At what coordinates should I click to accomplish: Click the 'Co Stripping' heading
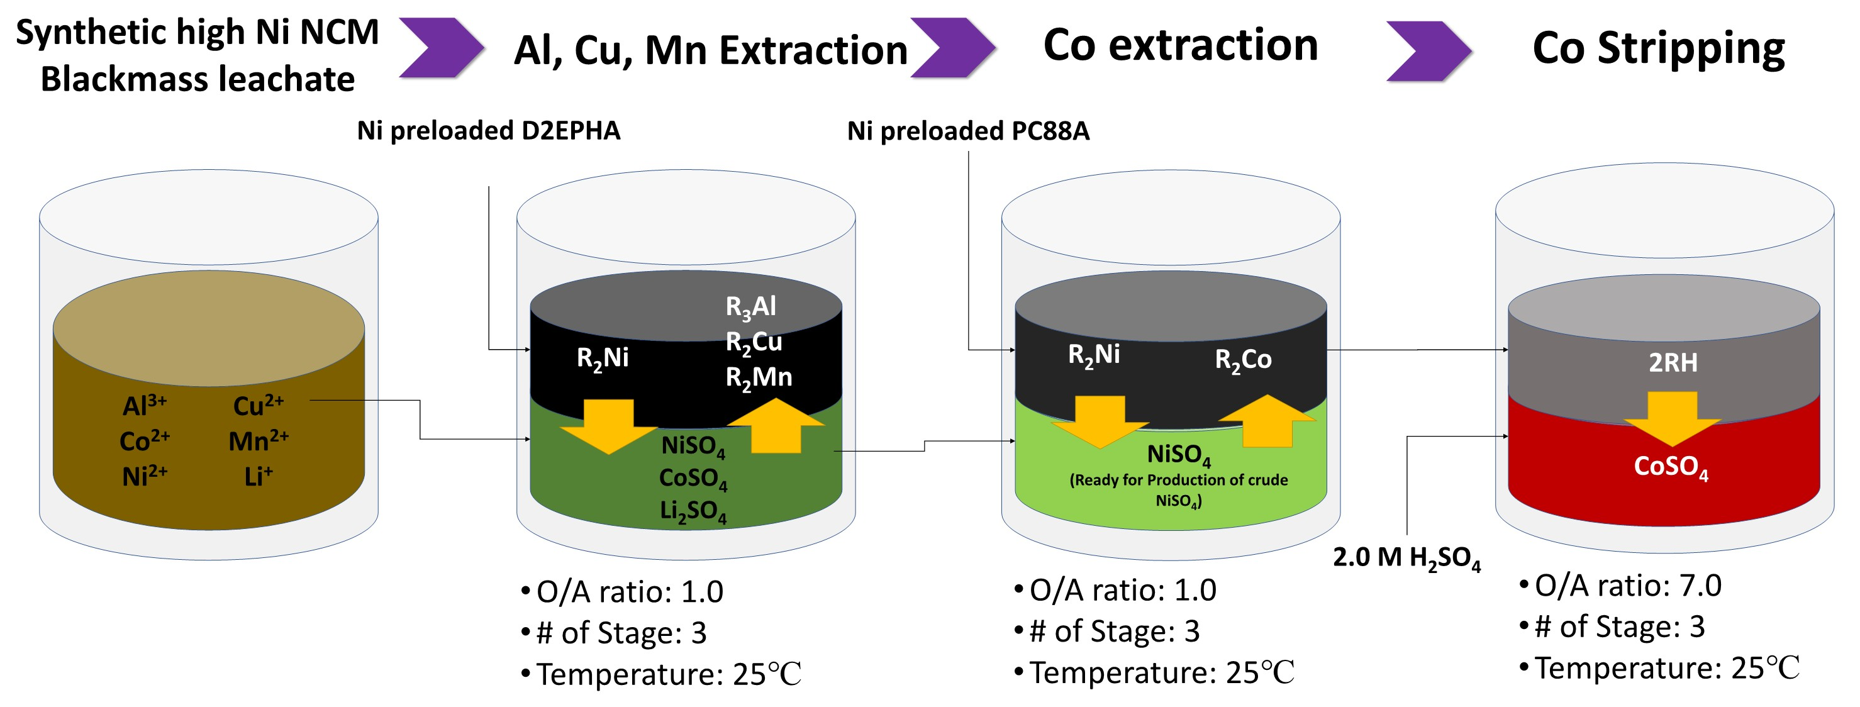[1658, 48]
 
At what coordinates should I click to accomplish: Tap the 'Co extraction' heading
[1181, 45]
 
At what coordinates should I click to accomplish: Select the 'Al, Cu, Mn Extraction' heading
[711, 50]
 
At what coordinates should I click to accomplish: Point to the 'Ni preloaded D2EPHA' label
[488, 131]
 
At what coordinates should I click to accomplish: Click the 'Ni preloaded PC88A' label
[967, 131]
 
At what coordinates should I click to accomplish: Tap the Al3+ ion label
[145, 405]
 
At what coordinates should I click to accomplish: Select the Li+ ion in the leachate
[258, 477]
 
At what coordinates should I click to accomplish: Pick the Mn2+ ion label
[258, 440]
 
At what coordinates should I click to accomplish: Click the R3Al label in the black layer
[751, 307]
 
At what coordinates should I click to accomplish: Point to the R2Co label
[1243, 360]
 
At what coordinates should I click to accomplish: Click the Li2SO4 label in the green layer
[693, 511]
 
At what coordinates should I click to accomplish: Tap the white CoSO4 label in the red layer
[1671, 467]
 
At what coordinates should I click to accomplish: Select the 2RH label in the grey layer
[1673, 362]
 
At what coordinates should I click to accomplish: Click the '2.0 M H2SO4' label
[1406, 557]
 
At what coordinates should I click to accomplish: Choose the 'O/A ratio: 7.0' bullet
[1627, 586]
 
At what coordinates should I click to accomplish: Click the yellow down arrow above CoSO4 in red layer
[1673, 419]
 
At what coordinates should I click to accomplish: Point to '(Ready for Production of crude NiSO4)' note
[1178, 489]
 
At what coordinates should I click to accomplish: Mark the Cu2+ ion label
[258, 405]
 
